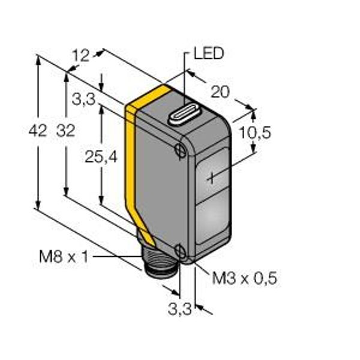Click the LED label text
coord(209,53)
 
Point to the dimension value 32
coord(66,130)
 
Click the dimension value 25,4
coord(101,157)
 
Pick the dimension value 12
coord(80,56)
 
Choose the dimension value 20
coord(220,92)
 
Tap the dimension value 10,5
coord(255,133)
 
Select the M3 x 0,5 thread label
coord(244,278)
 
